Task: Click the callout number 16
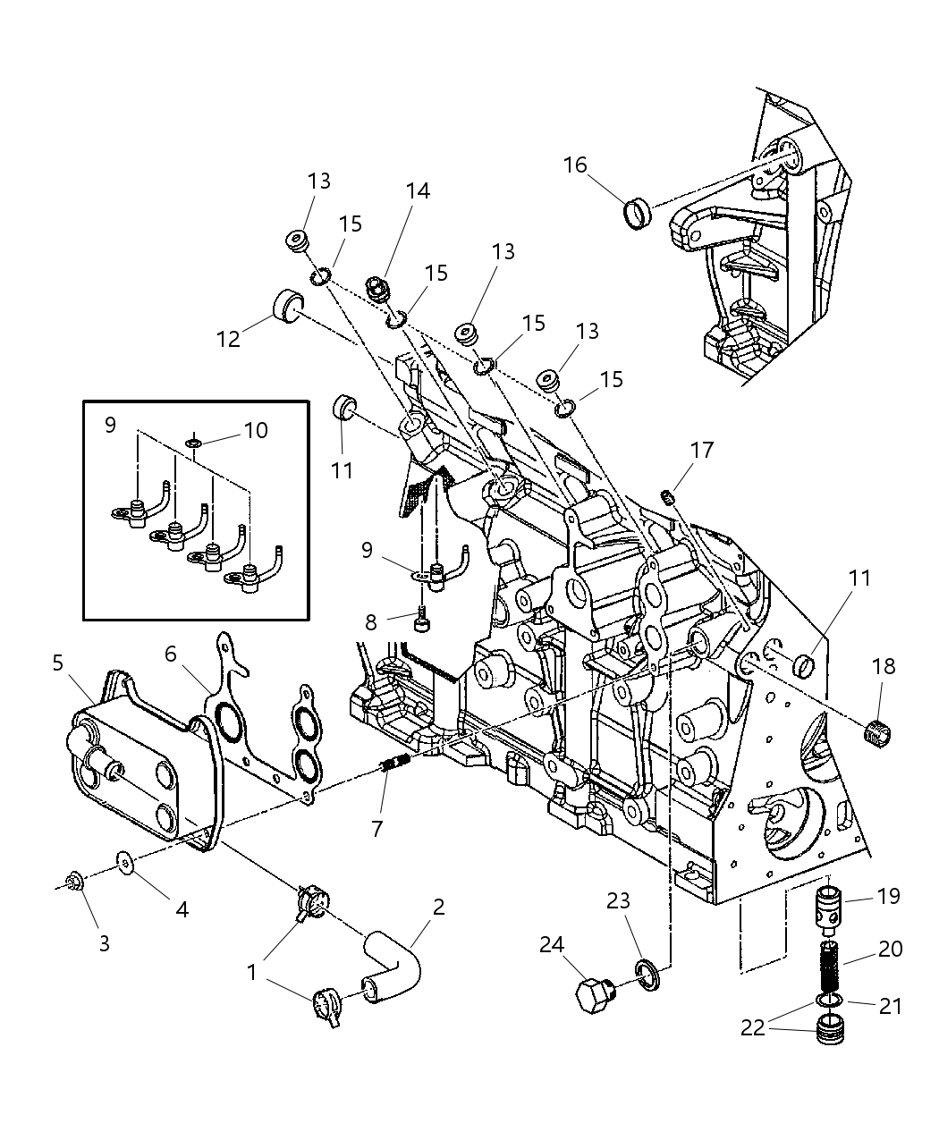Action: [575, 165]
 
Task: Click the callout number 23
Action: [618, 900]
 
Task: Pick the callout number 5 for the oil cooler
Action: [58, 663]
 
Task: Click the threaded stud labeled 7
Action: [393, 766]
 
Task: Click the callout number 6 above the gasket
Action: [170, 654]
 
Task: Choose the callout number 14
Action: [418, 190]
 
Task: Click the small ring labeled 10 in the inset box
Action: [194, 442]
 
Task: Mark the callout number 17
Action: [702, 450]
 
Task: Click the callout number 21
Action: [890, 1006]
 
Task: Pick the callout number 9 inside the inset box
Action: [110, 424]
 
